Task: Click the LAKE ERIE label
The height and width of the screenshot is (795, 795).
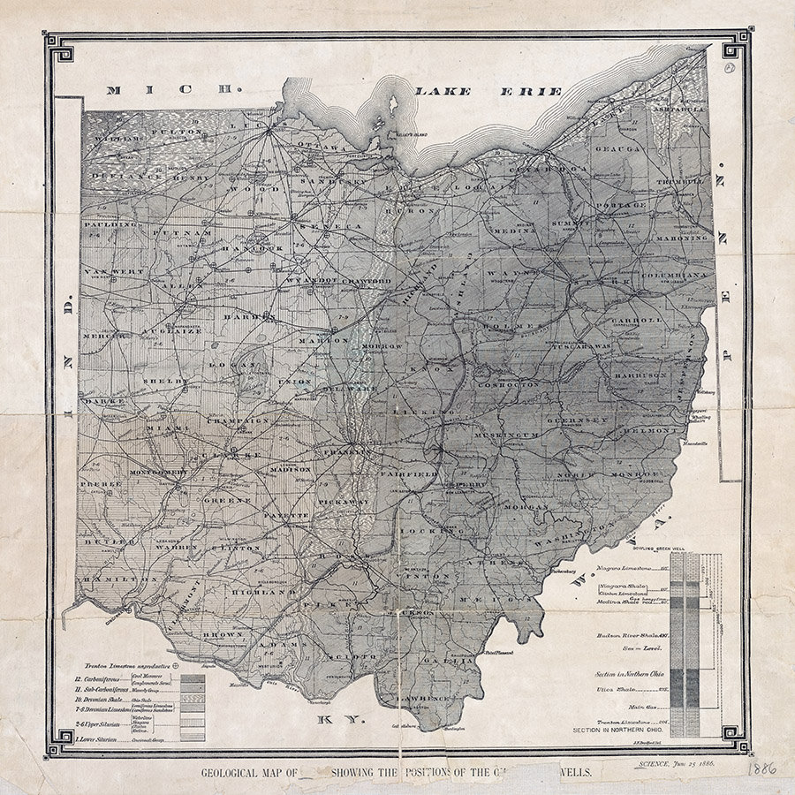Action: point(488,91)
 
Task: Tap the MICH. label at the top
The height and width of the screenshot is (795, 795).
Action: point(173,89)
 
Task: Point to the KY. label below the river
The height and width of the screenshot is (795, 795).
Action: point(342,719)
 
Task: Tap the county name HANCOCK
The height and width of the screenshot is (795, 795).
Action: point(250,250)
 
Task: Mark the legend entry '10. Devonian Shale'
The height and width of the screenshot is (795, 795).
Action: point(97,697)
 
